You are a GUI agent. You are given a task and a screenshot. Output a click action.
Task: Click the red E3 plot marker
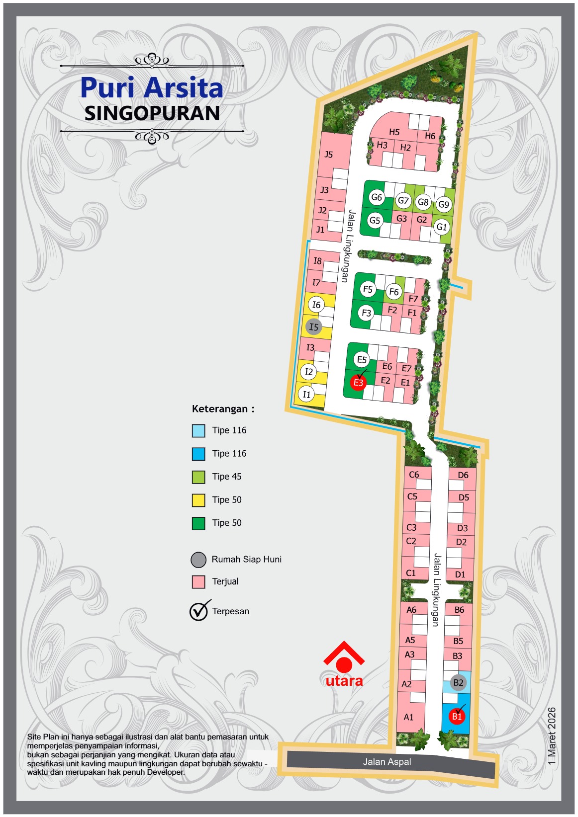(x=358, y=383)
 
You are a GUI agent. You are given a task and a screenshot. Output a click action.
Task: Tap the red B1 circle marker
(x=457, y=717)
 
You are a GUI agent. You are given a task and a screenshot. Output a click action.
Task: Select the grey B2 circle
(x=458, y=682)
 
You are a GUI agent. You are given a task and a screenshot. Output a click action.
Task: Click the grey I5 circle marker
(x=313, y=327)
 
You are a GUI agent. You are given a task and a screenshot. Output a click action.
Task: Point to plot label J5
(x=328, y=155)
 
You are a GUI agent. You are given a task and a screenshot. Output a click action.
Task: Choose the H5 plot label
(x=394, y=132)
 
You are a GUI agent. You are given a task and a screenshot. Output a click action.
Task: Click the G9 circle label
(x=443, y=204)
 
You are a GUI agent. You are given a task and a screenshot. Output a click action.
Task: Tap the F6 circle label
(x=394, y=292)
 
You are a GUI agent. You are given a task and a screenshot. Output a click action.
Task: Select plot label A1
(x=408, y=717)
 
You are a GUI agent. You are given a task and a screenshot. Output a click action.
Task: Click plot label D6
(x=463, y=475)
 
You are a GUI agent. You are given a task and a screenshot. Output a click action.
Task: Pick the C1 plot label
(x=411, y=573)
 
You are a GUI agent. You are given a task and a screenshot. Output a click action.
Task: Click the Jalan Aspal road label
(x=387, y=762)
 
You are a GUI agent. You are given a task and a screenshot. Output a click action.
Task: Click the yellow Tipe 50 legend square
(x=198, y=500)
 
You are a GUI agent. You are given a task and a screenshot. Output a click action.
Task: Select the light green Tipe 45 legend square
(x=198, y=477)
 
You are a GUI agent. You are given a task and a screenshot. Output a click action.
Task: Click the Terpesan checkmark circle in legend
(x=198, y=611)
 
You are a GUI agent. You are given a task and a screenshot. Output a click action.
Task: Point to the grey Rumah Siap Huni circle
(x=198, y=560)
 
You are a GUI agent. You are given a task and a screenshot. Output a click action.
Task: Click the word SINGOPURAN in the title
(x=152, y=113)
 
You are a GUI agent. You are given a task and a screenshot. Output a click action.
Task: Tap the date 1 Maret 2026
(x=552, y=735)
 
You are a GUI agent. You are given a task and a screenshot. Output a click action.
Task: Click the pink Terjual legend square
(x=198, y=582)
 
